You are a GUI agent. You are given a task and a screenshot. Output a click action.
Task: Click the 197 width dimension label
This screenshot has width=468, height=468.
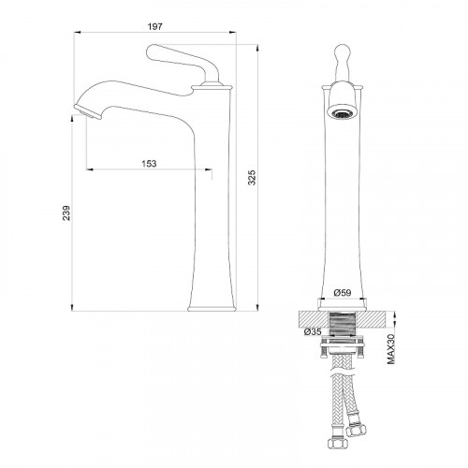pyautogui.click(x=155, y=26)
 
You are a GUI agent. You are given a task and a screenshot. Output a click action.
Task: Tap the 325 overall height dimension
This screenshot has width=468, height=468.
pyautogui.click(x=252, y=177)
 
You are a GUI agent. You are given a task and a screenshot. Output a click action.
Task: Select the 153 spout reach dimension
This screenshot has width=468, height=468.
pyautogui.click(x=149, y=164)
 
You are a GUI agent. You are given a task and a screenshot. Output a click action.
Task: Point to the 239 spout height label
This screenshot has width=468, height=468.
pyautogui.click(x=66, y=212)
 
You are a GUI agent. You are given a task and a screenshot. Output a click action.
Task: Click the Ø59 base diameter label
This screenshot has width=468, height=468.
pyautogui.click(x=343, y=293)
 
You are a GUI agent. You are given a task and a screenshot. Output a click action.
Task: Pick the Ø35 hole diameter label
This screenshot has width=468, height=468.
pyautogui.click(x=313, y=331)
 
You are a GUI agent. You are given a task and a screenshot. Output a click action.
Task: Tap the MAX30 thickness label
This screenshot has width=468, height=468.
pyautogui.click(x=390, y=349)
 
